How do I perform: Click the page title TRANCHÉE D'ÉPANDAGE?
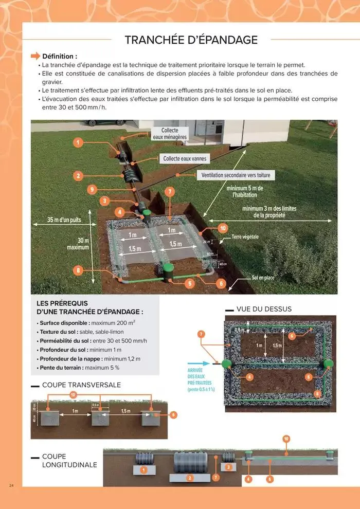pyautogui.click(x=191, y=40)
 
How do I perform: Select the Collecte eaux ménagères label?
pyautogui.click(x=170, y=134)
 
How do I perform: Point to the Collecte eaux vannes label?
pyautogui.click(x=185, y=159)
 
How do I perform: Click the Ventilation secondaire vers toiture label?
pyautogui.click(x=235, y=175)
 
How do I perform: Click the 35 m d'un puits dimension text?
pyautogui.click(x=64, y=220)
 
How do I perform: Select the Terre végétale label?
pyautogui.click(x=245, y=237)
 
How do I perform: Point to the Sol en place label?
pyautogui.click(x=263, y=278)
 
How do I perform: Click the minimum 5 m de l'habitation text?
pyautogui.click(x=245, y=192)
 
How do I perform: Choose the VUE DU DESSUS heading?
pyautogui.click(x=264, y=309)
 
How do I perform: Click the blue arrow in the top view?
pyautogui.click(x=206, y=362)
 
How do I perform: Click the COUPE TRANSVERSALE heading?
pyautogui.click(x=81, y=385)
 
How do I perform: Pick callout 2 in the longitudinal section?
pyautogui.click(x=190, y=478)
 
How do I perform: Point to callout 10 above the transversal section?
pyautogui.click(x=73, y=395)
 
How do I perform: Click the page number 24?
pyautogui.click(x=11, y=485)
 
